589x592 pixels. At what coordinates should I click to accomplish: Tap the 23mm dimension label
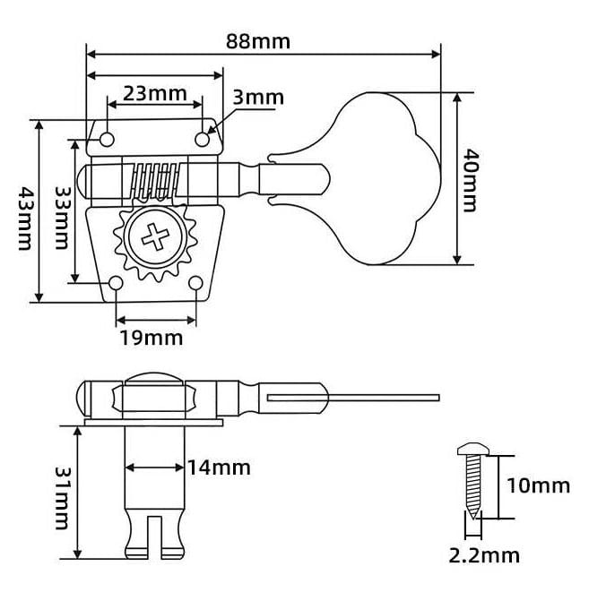point(149,92)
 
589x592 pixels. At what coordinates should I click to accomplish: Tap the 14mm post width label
point(219,467)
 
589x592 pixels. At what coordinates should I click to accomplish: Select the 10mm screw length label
point(537,485)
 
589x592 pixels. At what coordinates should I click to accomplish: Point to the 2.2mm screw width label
point(485,555)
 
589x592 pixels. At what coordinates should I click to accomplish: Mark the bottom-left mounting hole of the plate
point(117,284)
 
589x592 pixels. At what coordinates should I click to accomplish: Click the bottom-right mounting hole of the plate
point(195,284)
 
